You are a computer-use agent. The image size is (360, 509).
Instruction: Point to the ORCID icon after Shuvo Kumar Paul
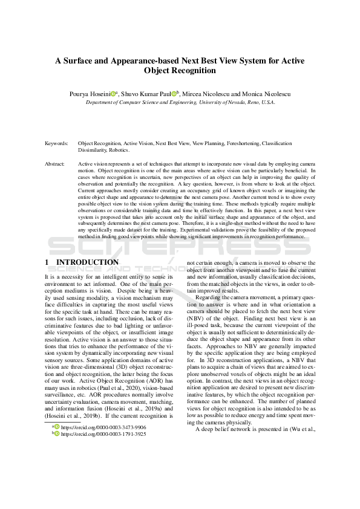[174, 94]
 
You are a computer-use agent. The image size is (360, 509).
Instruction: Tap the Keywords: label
[56, 144]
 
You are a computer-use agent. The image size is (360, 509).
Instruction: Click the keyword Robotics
[117, 150]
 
